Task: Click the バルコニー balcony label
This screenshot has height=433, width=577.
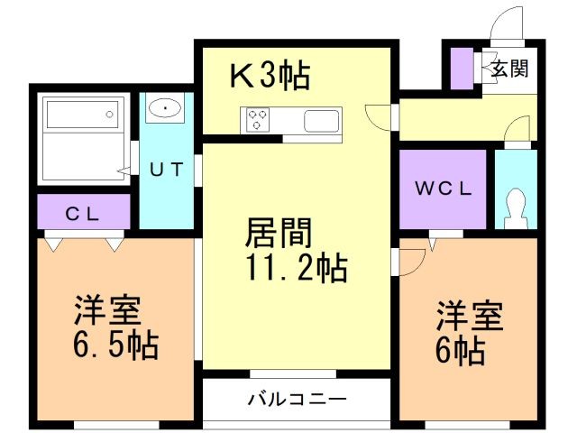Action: click(x=297, y=398)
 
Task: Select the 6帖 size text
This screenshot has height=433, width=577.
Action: click(x=461, y=348)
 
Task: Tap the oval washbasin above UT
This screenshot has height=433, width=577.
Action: click(x=165, y=109)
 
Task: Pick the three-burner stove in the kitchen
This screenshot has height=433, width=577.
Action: click(x=257, y=120)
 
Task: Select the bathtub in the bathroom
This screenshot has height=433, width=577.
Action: click(x=81, y=115)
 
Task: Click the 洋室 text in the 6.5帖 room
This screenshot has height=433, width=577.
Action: click(x=106, y=311)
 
